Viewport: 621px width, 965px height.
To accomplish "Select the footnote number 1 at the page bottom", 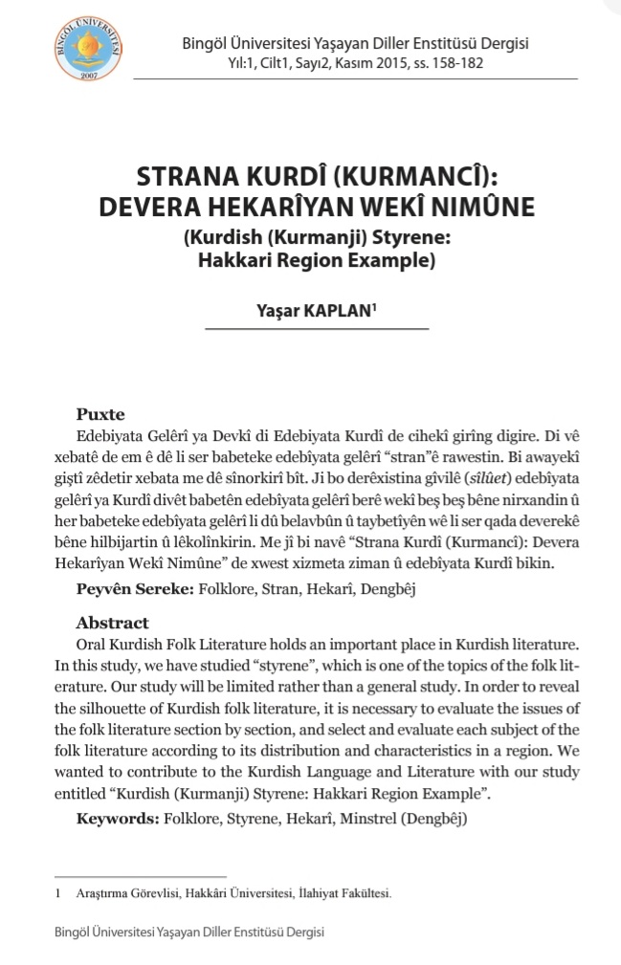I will coord(59,893).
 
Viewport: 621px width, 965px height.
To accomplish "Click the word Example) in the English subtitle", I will coord(400,258).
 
